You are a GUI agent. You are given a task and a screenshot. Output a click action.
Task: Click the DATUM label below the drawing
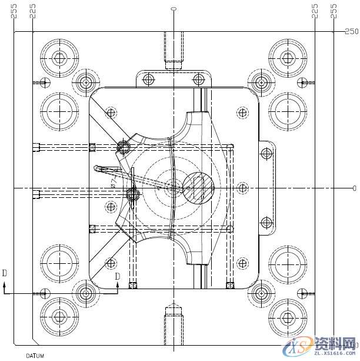pyautogui.click(x=35, y=356)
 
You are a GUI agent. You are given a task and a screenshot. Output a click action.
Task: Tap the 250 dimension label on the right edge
pyautogui.click(x=351, y=31)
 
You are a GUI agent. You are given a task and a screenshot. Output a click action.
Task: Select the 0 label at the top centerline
pyautogui.click(x=173, y=9)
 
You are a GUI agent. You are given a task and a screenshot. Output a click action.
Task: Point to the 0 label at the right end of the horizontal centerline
pyautogui.click(x=354, y=188)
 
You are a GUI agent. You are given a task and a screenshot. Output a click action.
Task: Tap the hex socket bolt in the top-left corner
pyautogui.click(x=59, y=58)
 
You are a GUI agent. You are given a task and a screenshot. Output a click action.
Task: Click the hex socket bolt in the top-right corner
pyautogui.click(x=287, y=58)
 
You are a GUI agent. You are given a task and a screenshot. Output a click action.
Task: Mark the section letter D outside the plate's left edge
pyautogui.click(x=5, y=273)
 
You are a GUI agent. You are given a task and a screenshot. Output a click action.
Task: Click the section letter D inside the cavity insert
pyautogui.click(x=117, y=276)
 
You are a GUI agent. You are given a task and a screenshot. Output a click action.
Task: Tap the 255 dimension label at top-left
pyautogui.click(x=14, y=11)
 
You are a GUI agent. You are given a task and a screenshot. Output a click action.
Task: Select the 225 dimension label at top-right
pyautogui.click(x=315, y=11)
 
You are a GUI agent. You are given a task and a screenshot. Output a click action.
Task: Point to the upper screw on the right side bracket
pyautogui.click(x=266, y=154)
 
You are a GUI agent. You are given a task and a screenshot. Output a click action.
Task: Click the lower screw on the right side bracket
pyautogui.click(x=266, y=223)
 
